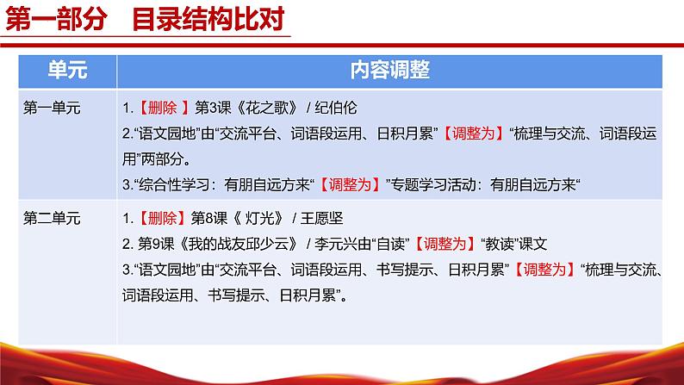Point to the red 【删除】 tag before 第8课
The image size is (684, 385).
pos(160,218)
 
